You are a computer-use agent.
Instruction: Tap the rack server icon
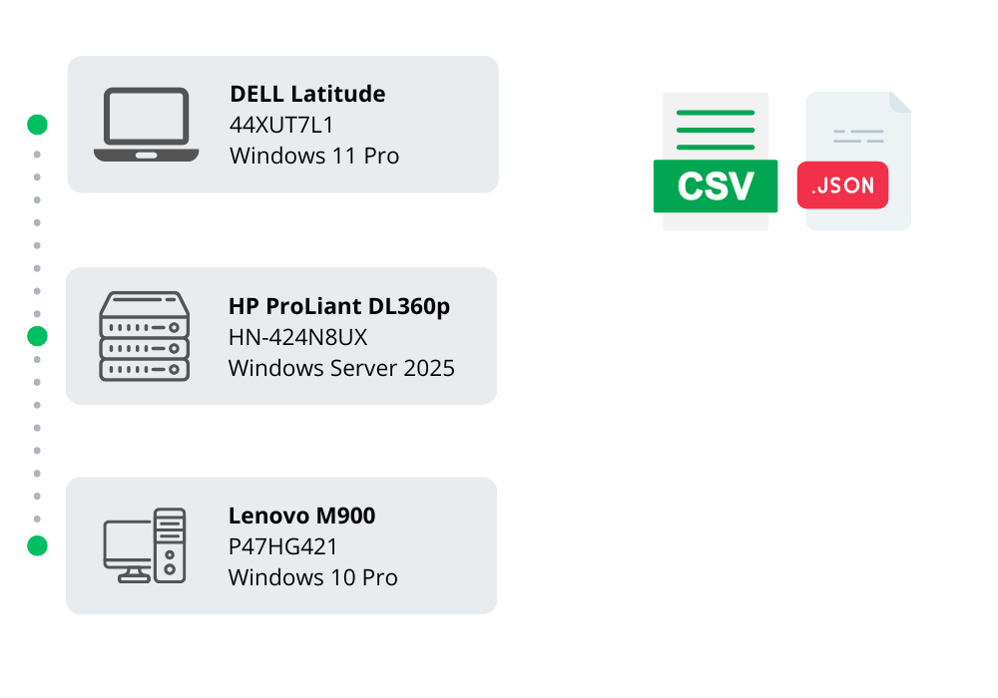coord(144,336)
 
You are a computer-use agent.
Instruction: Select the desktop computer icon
coord(145,545)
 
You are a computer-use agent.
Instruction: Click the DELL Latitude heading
coord(307,94)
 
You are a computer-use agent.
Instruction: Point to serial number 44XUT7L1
coord(282,125)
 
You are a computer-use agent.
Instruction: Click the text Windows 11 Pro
coord(314,156)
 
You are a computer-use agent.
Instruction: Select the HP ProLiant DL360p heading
coord(339,306)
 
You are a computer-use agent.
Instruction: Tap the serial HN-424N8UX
coord(298,337)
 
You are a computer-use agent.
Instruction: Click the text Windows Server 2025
coord(341,368)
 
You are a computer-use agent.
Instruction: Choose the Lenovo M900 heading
coord(301,516)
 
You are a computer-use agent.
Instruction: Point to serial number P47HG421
coord(283,546)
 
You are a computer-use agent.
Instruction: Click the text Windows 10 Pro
coord(312,577)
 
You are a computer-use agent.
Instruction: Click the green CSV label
coord(715,186)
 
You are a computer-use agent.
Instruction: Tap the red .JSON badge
coord(842,185)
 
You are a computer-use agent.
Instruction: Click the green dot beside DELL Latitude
coord(37,125)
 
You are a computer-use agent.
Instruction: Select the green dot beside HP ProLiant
coord(37,336)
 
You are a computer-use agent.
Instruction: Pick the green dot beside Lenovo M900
coord(37,545)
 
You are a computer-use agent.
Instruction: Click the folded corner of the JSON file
coord(899,102)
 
